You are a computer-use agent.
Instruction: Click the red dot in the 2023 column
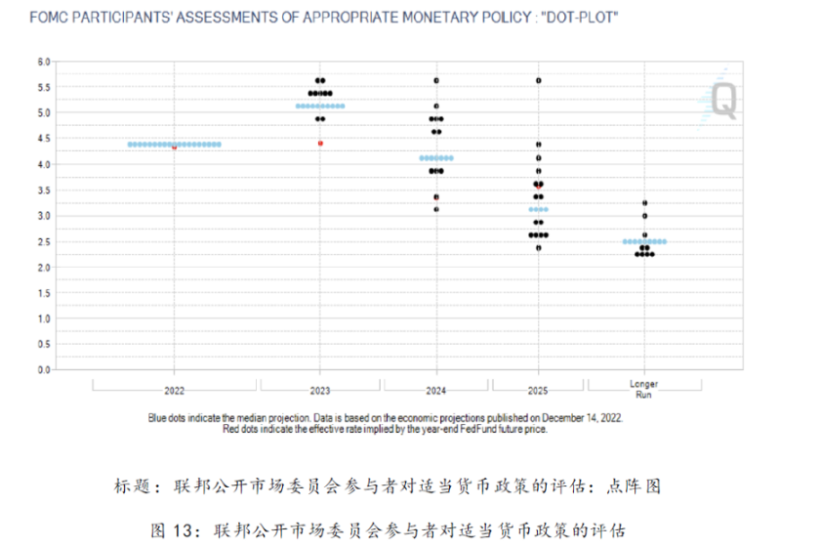[x=320, y=144]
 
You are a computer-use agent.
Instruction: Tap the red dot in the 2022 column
[x=174, y=148]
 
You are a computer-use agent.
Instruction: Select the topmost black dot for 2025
[x=538, y=80]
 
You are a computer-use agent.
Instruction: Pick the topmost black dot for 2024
[x=436, y=80]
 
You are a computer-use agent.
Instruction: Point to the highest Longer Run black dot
[x=644, y=203]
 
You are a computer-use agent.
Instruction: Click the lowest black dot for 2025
[x=538, y=248]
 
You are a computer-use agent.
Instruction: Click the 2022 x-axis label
[x=174, y=390]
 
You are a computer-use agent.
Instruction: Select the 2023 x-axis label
[x=320, y=390]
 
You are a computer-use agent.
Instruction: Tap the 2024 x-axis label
[x=436, y=390]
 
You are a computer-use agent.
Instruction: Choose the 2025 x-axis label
[x=538, y=390]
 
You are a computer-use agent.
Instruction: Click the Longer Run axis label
[x=644, y=390]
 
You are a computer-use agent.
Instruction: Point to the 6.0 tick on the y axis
[x=43, y=61]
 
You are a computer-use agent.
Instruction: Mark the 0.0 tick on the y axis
[x=43, y=370]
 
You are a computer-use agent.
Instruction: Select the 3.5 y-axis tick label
[x=43, y=190]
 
